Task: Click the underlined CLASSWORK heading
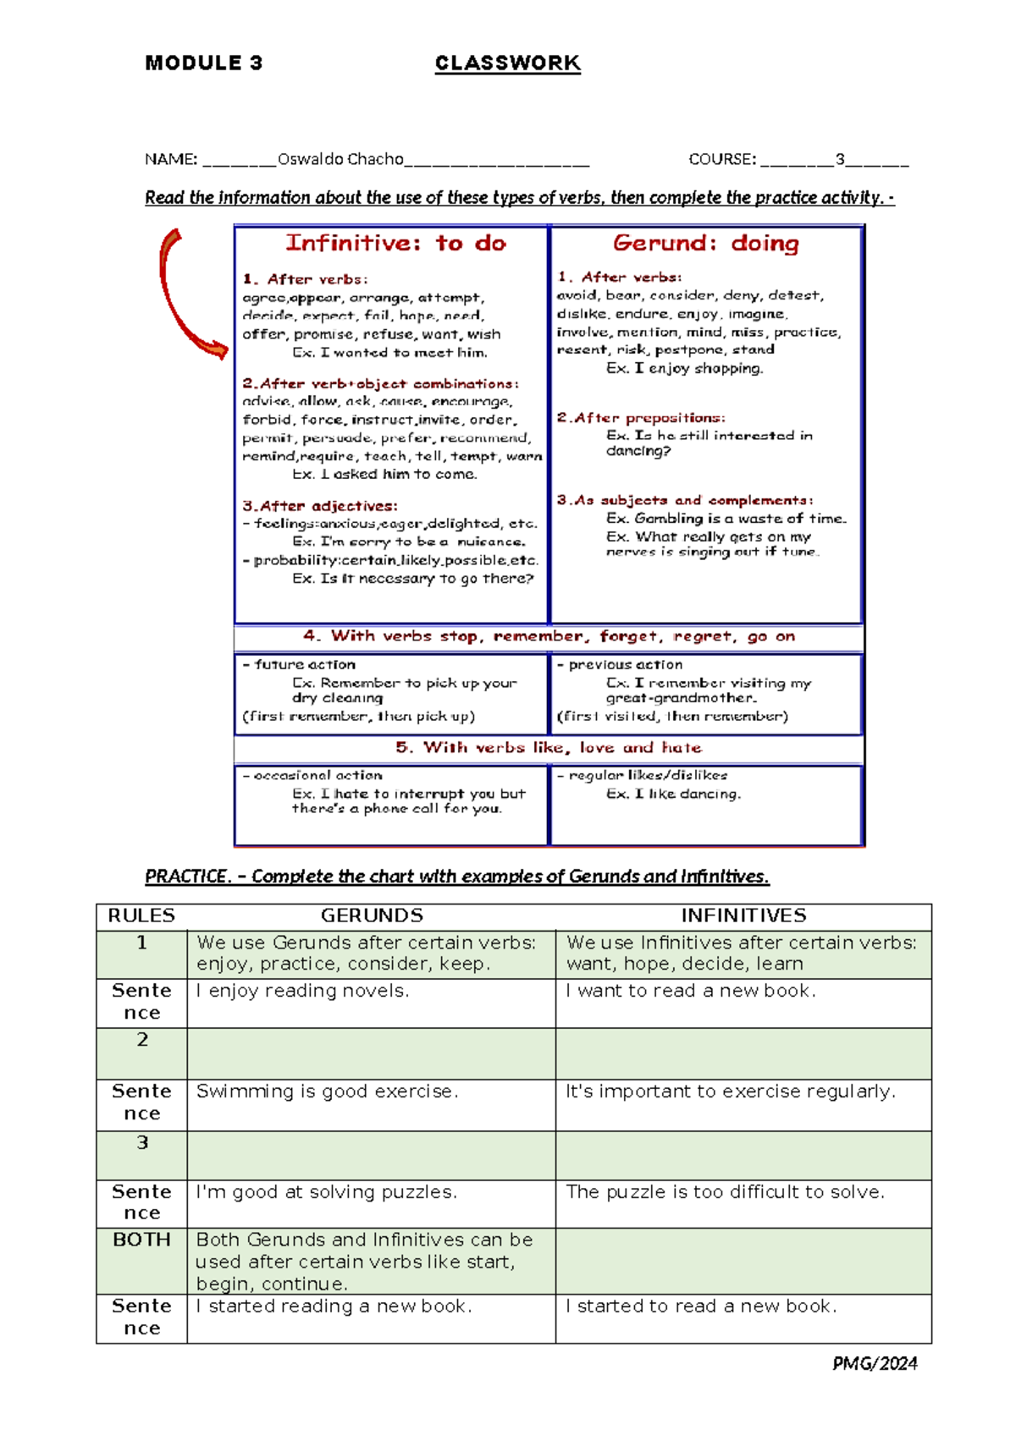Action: click(507, 63)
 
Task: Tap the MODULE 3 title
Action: click(203, 63)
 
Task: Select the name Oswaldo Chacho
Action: click(340, 159)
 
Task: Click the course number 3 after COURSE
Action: click(840, 159)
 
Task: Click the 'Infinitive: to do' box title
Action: click(395, 244)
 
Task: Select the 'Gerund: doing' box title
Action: click(705, 244)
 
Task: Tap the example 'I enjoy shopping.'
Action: click(684, 368)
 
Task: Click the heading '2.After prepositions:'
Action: click(641, 418)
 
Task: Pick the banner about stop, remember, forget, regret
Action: click(549, 636)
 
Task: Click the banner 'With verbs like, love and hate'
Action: click(549, 748)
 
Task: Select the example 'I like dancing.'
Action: click(673, 794)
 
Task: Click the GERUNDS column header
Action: click(372, 915)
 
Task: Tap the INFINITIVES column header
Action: click(743, 915)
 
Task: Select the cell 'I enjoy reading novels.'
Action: click(302, 991)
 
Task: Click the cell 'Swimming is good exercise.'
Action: click(327, 1091)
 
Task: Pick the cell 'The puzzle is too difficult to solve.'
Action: click(725, 1192)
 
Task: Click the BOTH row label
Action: click(141, 1240)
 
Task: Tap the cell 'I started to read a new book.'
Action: click(701, 1306)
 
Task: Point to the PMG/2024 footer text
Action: click(875, 1363)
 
